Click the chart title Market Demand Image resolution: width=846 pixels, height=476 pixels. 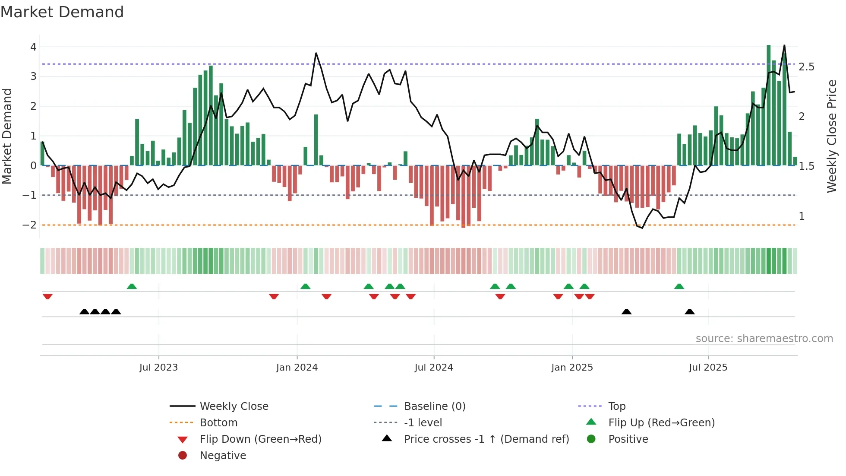tap(62, 12)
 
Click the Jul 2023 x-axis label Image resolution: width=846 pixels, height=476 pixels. tap(158, 368)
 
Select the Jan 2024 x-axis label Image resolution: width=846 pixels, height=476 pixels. tap(297, 368)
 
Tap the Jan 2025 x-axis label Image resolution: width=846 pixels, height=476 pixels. tap(572, 368)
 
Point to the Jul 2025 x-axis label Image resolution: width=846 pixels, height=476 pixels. tap(708, 368)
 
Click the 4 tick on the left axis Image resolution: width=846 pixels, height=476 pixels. tap(33, 47)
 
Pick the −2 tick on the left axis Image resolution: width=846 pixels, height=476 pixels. tap(29, 225)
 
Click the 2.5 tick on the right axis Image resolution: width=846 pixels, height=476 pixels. tap(806, 67)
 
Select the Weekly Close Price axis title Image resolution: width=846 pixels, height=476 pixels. tap(832, 136)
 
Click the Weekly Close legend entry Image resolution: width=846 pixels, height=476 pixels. tap(234, 406)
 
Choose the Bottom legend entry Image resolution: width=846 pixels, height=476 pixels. tap(218, 423)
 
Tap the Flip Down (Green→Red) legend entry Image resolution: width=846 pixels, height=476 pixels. tap(260, 439)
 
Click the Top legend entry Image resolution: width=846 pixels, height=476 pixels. tap(617, 406)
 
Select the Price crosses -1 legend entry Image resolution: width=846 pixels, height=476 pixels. tap(486, 439)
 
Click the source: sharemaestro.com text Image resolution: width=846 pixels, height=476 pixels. tap(764, 339)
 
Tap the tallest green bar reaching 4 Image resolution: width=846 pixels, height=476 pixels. tap(768, 104)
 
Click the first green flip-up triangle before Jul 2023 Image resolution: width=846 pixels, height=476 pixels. tap(132, 286)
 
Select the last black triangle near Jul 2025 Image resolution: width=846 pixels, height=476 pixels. tap(689, 311)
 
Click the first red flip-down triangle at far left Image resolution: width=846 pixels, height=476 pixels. tap(47, 296)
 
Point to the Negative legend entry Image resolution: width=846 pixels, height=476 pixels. tap(223, 456)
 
